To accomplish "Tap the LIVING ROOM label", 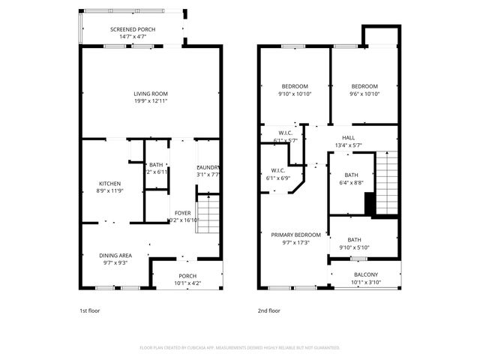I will point(151,93).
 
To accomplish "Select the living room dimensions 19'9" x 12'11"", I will point(151,100).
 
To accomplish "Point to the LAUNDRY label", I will point(208,167).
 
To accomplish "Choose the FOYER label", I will point(183,213).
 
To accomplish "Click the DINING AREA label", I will point(115,256).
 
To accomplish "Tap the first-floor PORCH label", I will point(187,276).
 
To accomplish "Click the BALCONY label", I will point(366,274).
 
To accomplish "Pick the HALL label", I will point(349,137).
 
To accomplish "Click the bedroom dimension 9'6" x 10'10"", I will point(364,94).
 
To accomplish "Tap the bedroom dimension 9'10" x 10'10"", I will point(292,94).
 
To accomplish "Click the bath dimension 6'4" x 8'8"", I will point(352,182).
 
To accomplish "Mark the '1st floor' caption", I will point(89,310).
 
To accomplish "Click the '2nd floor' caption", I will point(270,310).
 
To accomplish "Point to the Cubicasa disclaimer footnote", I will point(240,347).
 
